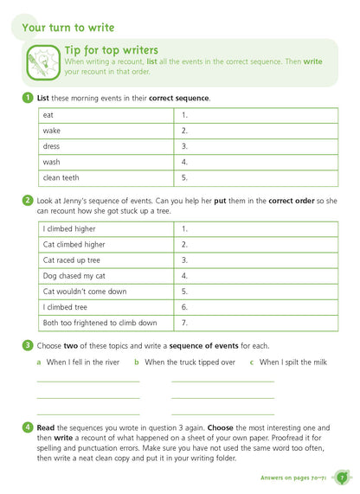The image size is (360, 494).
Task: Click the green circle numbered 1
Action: pos(28,98)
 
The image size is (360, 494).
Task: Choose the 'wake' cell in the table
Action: pos(106,131)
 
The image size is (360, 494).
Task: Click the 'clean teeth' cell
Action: pos(106,178)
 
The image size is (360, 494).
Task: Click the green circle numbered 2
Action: pos(28,201)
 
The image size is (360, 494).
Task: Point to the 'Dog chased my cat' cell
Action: pos(106,276)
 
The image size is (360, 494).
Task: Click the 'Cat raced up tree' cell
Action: pos(106,260)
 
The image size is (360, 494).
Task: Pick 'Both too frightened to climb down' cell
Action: pos(106,323)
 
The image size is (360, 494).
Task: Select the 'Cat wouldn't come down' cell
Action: pos(106,292)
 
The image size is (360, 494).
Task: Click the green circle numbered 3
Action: pos(28,345)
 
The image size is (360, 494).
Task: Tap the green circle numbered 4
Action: pos(28,427)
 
